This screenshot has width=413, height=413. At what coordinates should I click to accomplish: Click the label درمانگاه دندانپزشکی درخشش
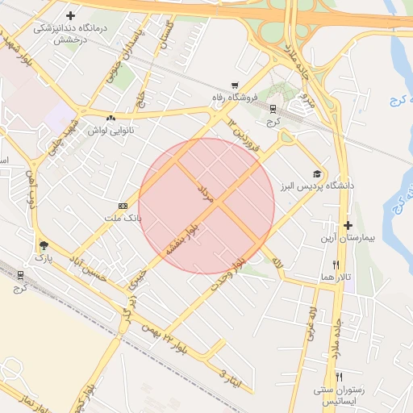[x=70, y=33]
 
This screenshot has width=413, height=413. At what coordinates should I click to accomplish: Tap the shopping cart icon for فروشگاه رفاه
[x=235, y=85]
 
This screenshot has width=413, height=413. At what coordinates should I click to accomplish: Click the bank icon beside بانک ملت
[x=123, y=206]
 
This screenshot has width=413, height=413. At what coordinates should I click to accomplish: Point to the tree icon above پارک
[x=43, y=245]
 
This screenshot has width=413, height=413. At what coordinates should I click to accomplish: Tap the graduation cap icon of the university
[x=318, y=173]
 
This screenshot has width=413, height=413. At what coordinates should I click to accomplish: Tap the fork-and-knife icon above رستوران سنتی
[x=339, y=377]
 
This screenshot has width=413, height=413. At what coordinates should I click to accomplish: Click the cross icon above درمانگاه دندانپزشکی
[x=71, y=15]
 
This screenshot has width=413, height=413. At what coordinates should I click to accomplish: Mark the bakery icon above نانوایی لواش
[x=121, y=118]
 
